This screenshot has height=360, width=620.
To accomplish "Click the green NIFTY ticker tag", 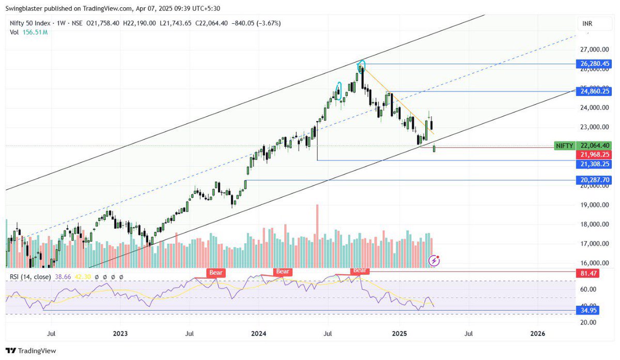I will click(564, 146).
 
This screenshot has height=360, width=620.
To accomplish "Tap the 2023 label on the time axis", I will click(120, 333).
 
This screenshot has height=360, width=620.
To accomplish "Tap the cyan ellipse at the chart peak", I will click(362, 65).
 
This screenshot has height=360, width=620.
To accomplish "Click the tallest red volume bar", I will click(317, 236).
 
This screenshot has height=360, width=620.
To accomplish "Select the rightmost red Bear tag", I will click(360, 271).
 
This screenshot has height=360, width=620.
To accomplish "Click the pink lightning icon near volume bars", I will click(435, 260).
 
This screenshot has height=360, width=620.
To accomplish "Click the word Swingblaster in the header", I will click(26, 8).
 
